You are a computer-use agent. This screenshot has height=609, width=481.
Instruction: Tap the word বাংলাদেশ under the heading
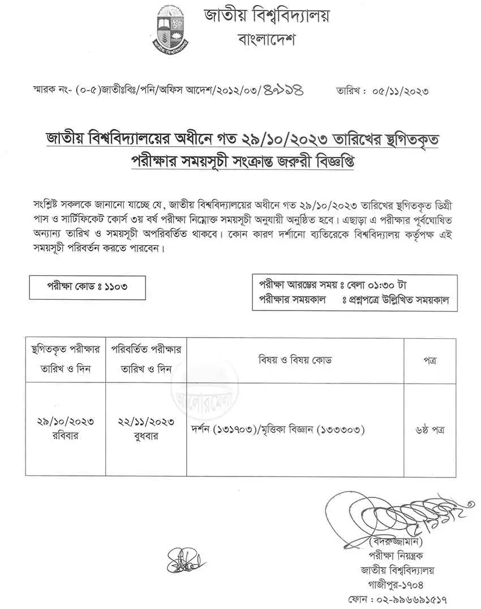click(x=267, y=40)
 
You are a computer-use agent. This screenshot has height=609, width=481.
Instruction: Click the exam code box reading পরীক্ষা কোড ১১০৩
click(x=88, y=287)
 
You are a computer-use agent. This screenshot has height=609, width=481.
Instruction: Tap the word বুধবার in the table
click(x=147, y=436)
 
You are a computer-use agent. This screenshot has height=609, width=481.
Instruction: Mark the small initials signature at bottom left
click(x=183, y=561)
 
